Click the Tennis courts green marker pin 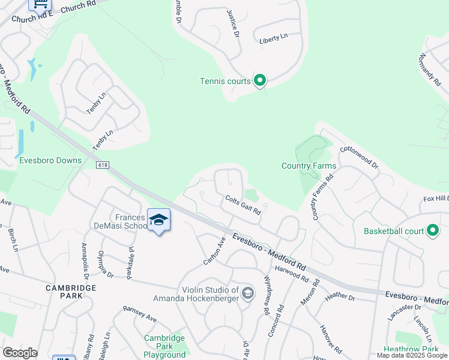click(260, 80)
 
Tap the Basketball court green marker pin click(432, 230)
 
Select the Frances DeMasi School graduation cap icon click(159, 220)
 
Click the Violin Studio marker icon click(248, 293)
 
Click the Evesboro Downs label click(50, 161)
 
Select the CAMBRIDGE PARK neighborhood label click(71, 288)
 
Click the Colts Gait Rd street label click(243, 205)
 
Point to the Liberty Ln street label click(273, 38)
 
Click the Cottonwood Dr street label click(359, 157)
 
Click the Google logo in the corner click(20, 353)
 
